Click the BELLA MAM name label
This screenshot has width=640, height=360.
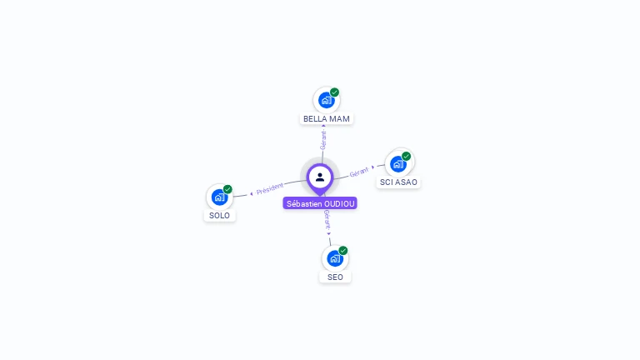coord(327,119)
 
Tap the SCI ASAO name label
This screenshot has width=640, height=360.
coord(398,182)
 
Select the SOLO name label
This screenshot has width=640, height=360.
coord(220,216)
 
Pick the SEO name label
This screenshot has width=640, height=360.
coord(335,277)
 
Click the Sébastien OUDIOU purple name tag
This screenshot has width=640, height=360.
coord(320,203)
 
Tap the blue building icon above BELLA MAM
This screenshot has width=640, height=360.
coord(326,100)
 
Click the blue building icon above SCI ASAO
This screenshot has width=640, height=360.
coord(398,164)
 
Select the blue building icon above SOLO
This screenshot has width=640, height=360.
coord(219,197)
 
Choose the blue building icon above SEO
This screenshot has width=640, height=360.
coord(335,259)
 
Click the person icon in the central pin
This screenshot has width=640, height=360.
coord(320,177)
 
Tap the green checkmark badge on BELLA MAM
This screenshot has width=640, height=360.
coord(335,92)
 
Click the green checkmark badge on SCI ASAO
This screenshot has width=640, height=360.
coord(406,157)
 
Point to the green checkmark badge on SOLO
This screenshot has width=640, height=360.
coord(227,189)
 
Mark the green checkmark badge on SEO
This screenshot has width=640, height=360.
coord(343,251)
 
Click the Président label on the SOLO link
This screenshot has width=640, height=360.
coord(269,189)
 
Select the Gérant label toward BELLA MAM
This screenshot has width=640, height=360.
coord(323,140)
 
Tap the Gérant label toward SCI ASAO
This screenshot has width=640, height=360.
coord(359,172)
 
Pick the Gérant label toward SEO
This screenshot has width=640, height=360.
coord(327,220)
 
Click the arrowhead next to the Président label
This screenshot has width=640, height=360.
coord(252,194)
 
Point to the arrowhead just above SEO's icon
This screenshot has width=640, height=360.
coord(329,234)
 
